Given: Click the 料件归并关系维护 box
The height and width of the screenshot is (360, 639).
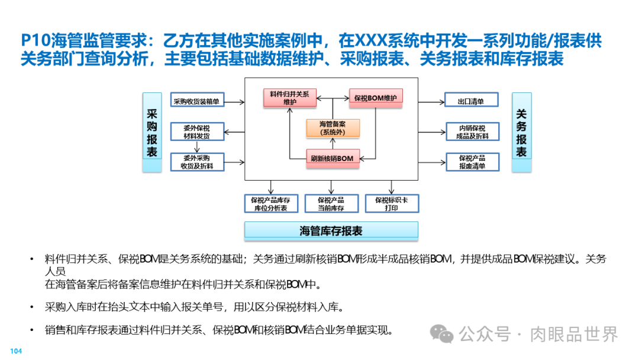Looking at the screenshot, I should coord(290,98).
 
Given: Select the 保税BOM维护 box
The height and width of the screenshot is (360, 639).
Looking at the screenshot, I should coord(376,98).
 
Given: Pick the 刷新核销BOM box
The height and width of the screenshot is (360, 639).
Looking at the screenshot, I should coord(332,158).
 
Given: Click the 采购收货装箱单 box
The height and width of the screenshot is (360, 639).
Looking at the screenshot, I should coord(196,101).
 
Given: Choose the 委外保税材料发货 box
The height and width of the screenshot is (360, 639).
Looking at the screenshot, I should coord(196,131).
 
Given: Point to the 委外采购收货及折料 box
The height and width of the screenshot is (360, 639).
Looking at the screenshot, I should coord(196,162).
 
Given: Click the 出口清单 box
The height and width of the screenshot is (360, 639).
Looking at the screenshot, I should coord(471,101).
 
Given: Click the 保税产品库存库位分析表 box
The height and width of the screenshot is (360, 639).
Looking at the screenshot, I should coord(271,204).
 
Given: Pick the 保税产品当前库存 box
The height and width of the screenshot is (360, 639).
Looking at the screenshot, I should coord(331,204).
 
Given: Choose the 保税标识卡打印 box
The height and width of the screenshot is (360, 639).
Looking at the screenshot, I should coord(390,204).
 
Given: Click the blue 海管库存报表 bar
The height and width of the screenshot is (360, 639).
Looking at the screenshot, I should coord(331,231).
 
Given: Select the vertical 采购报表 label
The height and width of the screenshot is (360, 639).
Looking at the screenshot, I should coord(152,133).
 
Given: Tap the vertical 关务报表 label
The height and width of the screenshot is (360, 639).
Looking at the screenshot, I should coord(521,133).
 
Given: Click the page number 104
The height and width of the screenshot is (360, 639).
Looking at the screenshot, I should coord(16,352).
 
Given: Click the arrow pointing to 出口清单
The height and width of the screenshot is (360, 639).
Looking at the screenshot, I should coord(431,101).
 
